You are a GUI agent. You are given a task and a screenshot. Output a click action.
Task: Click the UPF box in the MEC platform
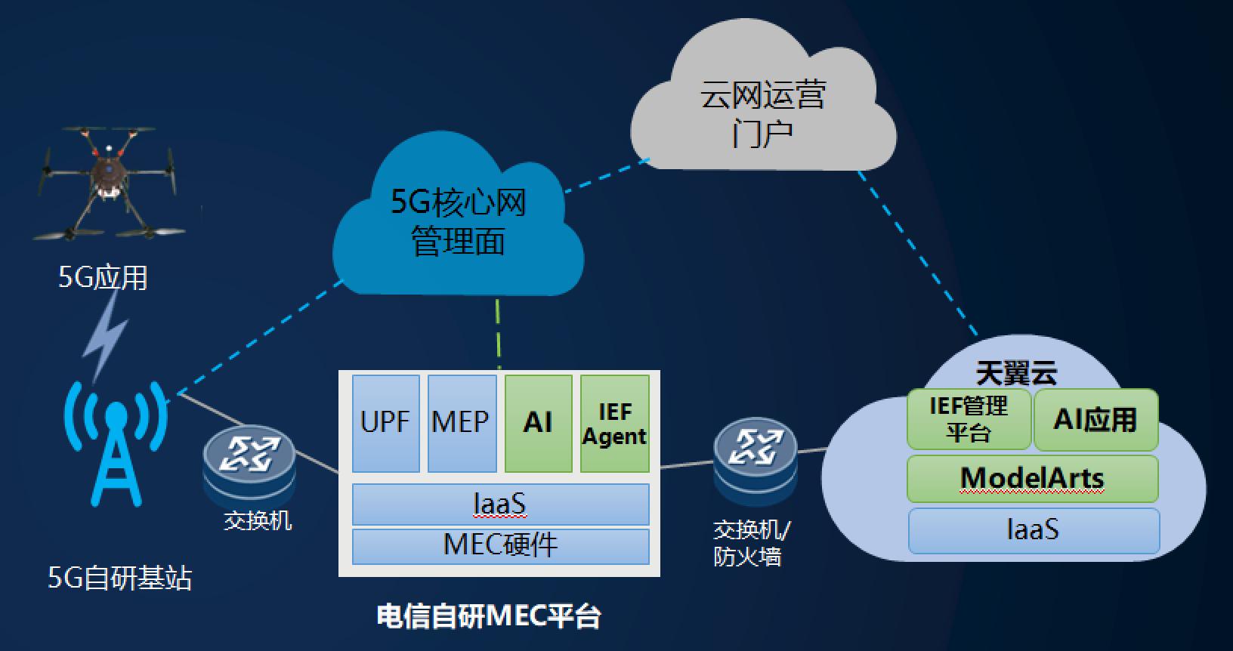click(385, 423)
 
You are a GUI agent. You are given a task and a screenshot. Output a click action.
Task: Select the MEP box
click(462, 423)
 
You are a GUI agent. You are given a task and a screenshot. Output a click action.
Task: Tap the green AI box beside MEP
click(538, 423)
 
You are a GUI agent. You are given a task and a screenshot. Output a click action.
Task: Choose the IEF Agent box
click(614, 423)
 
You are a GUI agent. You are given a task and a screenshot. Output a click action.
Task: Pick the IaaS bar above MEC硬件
click(500, 504)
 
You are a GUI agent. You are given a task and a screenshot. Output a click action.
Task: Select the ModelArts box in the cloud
click(1032, 478)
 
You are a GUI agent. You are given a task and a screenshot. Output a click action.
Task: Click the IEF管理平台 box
click(969, 419)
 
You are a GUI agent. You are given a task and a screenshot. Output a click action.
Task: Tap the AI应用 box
click(1095, 419)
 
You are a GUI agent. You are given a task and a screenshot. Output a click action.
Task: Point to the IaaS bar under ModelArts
click(1033, 530)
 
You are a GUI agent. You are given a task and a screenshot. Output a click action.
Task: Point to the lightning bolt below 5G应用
click(106, 336)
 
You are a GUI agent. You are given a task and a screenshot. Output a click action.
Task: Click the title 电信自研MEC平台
click(489, 616)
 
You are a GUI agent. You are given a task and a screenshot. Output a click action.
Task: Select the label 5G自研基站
click(120, 578)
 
